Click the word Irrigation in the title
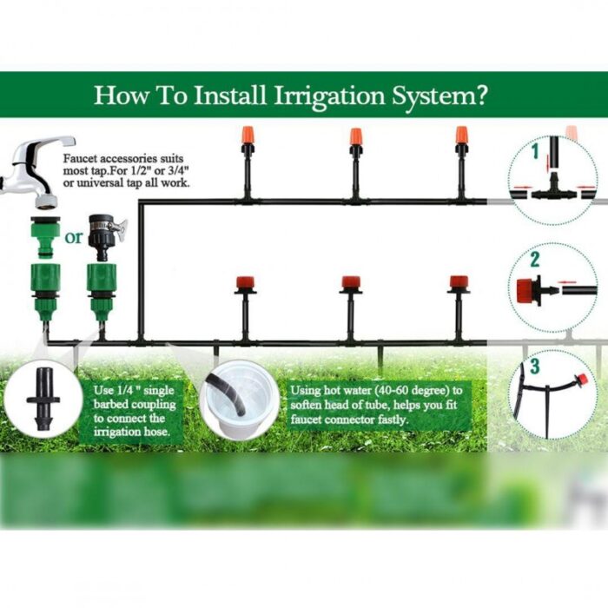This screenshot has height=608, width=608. [329, 95]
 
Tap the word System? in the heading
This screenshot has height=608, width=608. [439, 96]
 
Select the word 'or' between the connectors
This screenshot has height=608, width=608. [74, 237]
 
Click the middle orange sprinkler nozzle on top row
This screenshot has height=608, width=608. [355, 137]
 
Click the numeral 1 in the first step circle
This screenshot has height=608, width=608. [536, 151]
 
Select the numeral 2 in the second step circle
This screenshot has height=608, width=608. [535, 259]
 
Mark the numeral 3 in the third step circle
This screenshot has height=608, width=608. [535, 367]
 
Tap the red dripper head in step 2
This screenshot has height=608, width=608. [525, 290]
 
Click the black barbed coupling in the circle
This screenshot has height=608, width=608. [43, 399]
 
